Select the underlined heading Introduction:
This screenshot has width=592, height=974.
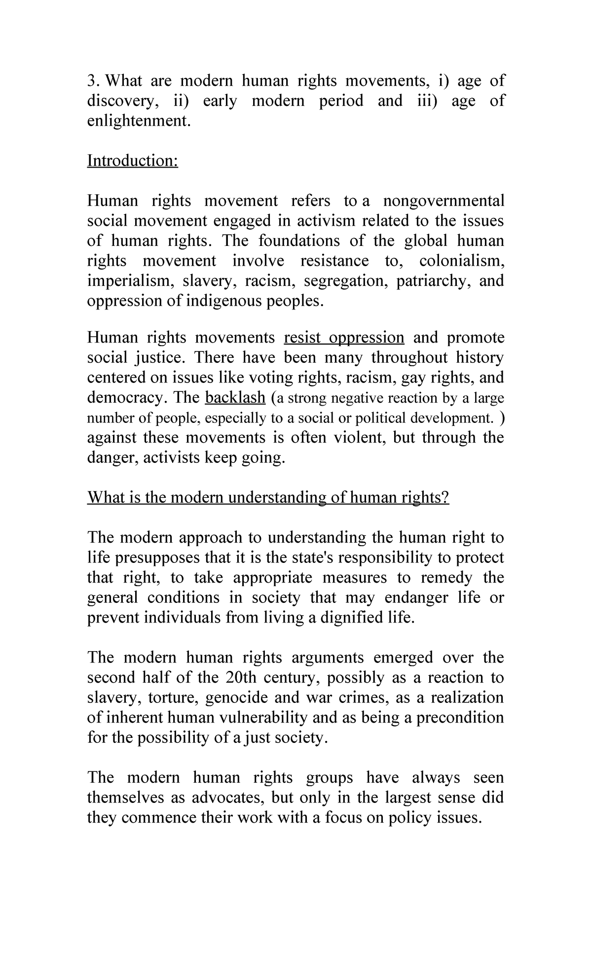[132, 161]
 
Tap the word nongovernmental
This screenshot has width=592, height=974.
[444, 201]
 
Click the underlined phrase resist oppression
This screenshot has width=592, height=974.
[344, 338]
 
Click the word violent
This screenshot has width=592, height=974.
[354, 438]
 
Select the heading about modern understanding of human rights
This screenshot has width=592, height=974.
[268, 498]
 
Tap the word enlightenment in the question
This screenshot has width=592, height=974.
[138, 121]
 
